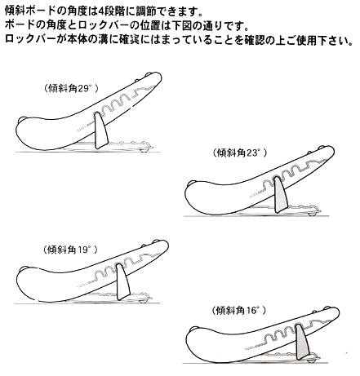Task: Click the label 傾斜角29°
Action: point(71,88)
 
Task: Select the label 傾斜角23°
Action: point(240,153)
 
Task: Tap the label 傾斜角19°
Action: point(70,250)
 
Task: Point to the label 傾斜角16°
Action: point(238,310)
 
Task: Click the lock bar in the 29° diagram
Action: point(101,131)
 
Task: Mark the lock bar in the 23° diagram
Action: point(281,195)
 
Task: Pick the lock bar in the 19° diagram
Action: point(123,281)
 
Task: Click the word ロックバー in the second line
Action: point(107,26)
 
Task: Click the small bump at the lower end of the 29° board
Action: point(23,118)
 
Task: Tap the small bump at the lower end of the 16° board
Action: point(193,328)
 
